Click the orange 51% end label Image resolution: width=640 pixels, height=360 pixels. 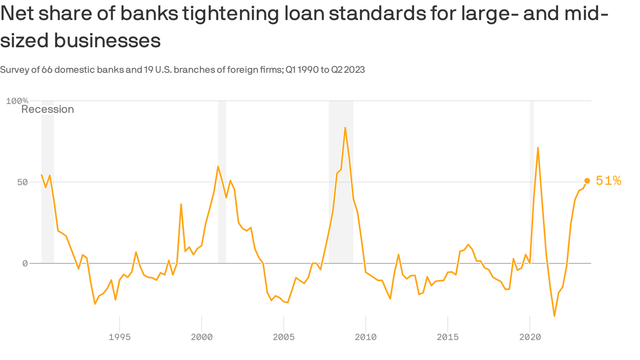pos(608,181)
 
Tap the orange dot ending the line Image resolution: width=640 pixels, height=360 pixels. pos(587,181)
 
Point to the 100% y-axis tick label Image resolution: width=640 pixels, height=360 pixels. pos(17,101)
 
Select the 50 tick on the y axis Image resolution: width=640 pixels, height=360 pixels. pos(22,182)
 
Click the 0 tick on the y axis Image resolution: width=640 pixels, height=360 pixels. pos(25,263)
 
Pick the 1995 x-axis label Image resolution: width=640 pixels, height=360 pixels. pos(119,337)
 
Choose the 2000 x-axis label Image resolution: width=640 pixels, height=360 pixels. pos(201,337)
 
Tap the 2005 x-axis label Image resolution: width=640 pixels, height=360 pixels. pos(283,337)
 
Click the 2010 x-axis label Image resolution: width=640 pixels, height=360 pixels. pos(365,337)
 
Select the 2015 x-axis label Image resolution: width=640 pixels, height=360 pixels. pos(447,337)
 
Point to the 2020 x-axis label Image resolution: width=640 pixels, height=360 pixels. pos(529,337)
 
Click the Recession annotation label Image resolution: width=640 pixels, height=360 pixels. pos(48,109)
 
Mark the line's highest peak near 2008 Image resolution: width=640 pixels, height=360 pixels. pos(345,127)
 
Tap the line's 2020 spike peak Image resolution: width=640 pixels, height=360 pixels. pos(538,148)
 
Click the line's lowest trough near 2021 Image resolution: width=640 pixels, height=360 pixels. pos(554,316)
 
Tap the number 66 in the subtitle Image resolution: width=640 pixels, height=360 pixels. pos(46,70)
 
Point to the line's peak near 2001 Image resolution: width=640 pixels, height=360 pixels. pos(218,166)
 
